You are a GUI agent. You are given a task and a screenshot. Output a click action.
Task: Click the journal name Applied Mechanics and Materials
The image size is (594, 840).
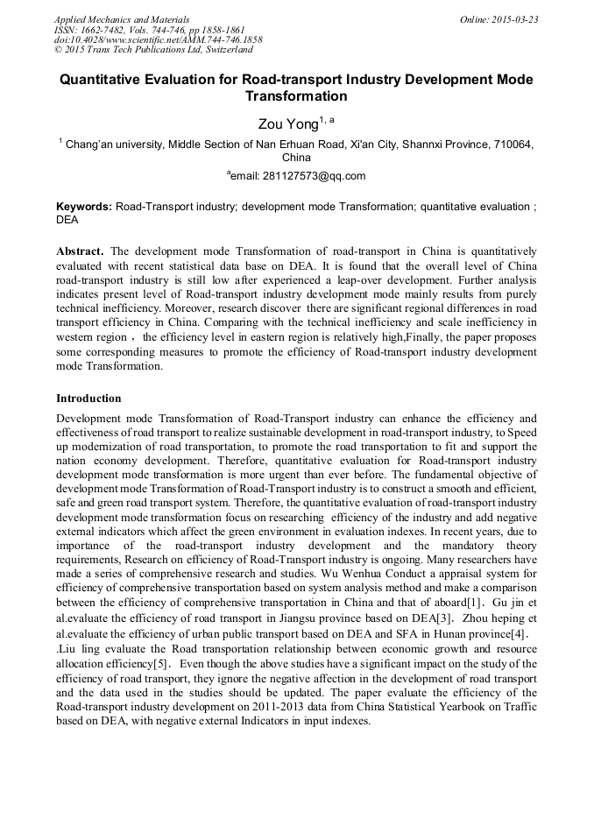coord(122,19)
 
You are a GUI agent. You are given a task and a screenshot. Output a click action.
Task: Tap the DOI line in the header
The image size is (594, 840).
coord(158,40)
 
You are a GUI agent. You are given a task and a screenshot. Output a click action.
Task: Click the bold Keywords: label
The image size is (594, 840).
coord(84,207)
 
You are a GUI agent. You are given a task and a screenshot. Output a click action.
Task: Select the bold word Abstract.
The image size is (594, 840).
coord(81,251)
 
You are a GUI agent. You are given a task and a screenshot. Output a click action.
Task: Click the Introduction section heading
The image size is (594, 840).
coord(88,398)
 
